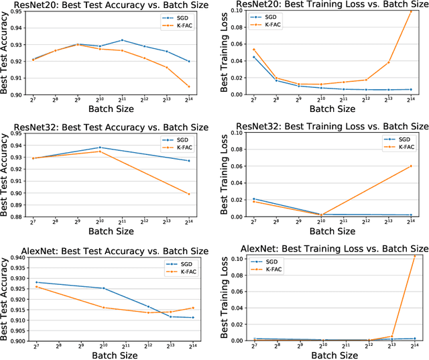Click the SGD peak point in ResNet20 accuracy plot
[x=122, y=40]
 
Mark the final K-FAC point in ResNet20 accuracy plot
[x=188, y=86]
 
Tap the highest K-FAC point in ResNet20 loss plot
[x=412, y=11]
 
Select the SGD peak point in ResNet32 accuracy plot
[x=100, y=147]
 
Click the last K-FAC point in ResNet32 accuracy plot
[x=188, y=194]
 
